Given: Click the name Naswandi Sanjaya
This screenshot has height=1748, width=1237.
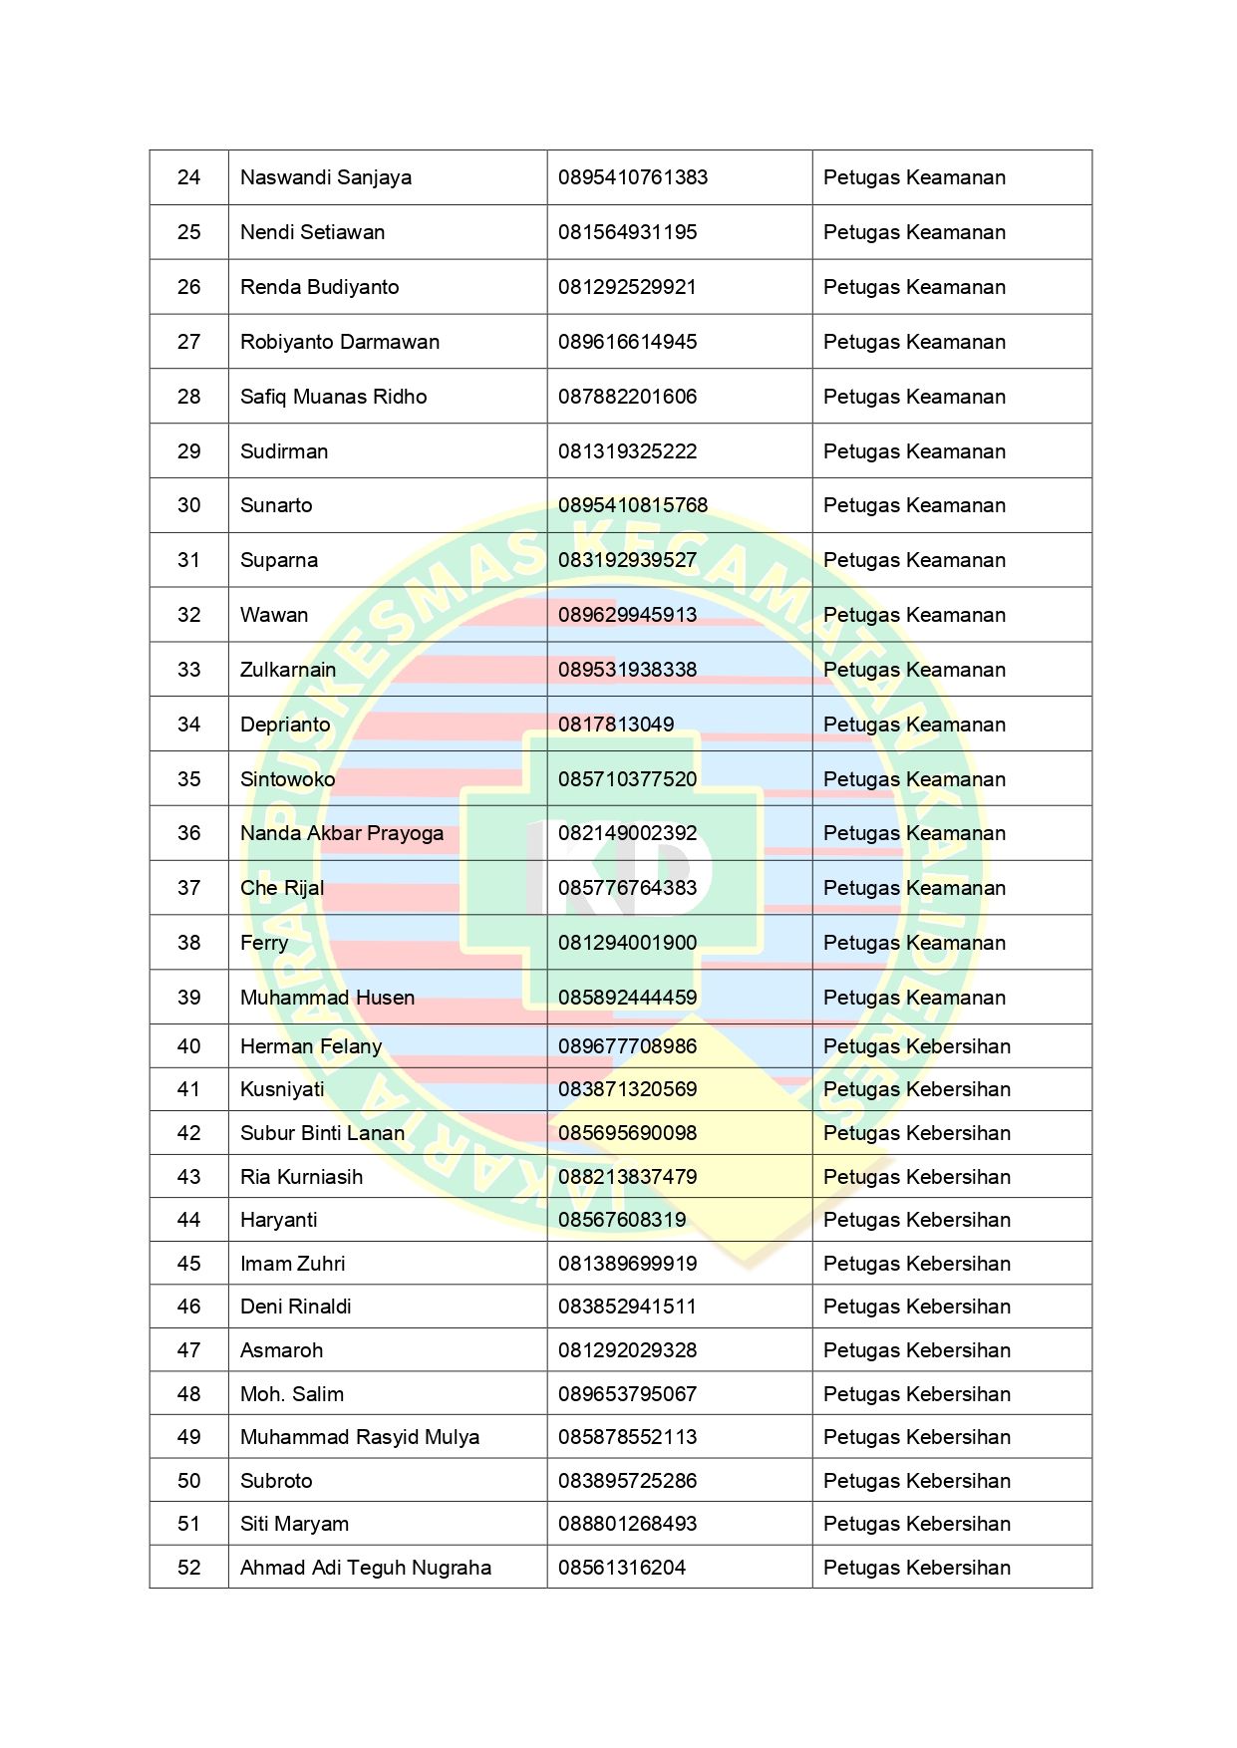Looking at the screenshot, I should coord(326,177).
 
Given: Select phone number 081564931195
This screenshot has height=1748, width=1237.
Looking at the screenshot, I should coord(628,232).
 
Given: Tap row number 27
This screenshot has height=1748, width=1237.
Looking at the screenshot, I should coord(189,342).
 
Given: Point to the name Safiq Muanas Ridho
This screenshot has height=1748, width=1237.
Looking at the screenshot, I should coord(333,397).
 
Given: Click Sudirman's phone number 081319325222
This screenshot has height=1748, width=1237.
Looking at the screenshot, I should coord(628,451).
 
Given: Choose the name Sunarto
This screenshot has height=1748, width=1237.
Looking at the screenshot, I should coord(276,505).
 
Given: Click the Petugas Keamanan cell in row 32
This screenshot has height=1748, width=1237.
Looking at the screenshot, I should coord(914,615).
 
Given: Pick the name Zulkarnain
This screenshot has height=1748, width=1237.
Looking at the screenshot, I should coord(288,670).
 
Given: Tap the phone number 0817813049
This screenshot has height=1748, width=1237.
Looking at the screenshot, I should coord(616,725).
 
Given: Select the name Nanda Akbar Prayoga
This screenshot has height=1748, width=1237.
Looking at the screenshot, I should coord(342,833).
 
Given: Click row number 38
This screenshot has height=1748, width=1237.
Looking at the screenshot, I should coord(189,943).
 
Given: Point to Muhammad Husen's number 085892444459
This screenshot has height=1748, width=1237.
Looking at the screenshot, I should coord(628,998).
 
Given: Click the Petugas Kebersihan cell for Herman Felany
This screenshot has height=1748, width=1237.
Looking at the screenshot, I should coord(917,1046).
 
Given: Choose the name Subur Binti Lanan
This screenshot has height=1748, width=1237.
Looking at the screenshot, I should coord(322,1133).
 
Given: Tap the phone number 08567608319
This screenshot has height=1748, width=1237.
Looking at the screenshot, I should coord(622,1220).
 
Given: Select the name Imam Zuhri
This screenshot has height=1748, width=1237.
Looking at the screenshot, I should coord(293,1264).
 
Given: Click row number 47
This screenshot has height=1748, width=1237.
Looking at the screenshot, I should coord(189,1350).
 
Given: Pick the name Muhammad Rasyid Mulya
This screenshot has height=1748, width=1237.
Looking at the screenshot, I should coord(360,1437).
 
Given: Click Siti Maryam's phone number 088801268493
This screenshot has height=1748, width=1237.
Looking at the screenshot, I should coord(628,1524).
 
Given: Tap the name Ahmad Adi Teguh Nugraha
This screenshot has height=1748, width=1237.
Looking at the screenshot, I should coord(366,1568).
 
